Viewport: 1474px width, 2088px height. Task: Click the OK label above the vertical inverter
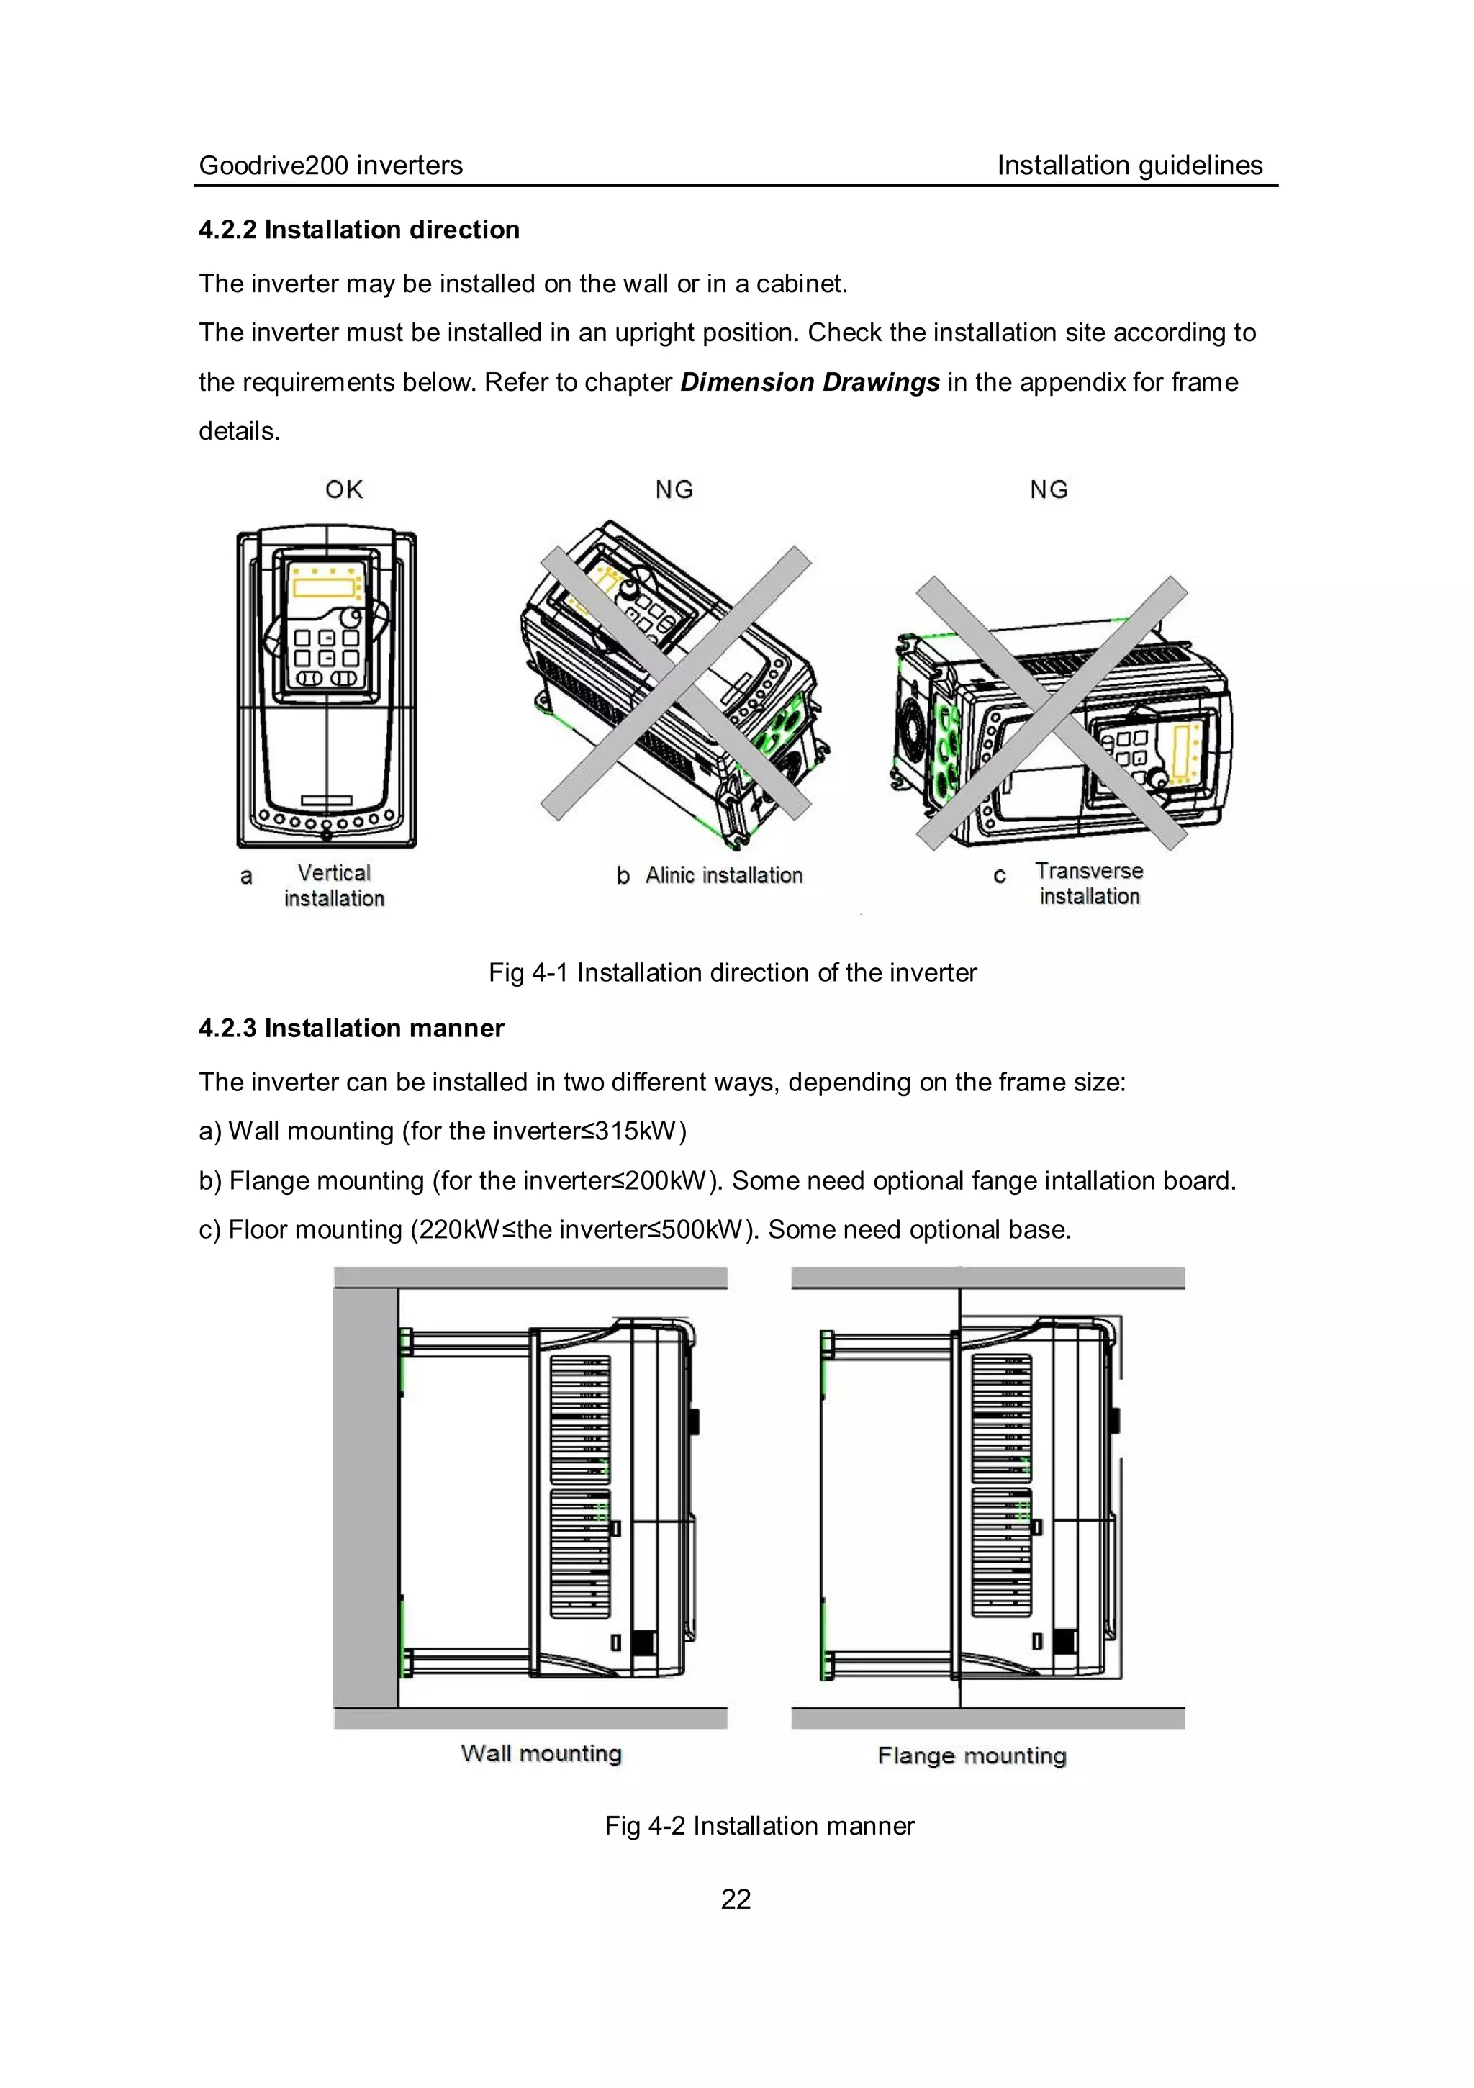click(344, 489)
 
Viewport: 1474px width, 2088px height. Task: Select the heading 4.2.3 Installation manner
click(351, 1028)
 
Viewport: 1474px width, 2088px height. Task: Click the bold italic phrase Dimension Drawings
click(809, 382)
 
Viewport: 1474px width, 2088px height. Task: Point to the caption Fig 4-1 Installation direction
click(732, 972)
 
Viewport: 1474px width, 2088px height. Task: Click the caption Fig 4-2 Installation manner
click(759, 1825)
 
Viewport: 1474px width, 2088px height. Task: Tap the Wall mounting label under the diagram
click(541, 1753)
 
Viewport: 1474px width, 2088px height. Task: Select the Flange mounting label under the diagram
click(971, 1755)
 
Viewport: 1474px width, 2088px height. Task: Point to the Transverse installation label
click(1088, 883)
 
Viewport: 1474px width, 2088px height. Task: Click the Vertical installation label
click(334, 885)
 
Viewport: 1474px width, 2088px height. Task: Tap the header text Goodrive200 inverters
click(331, 166)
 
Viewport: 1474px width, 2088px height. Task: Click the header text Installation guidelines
click(1129, 166)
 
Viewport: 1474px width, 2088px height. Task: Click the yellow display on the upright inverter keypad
click(324, 587)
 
